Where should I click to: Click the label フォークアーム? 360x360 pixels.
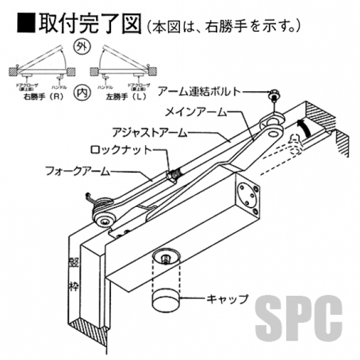[78, 171]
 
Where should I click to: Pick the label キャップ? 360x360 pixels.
[226, 298]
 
